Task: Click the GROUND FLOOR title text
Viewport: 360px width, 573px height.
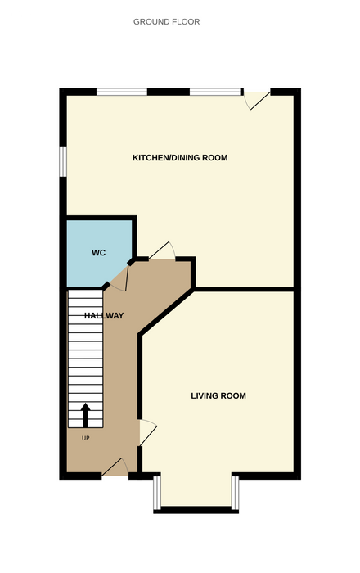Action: tap(166, 22)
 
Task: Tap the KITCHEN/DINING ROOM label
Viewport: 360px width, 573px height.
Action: tap(180, 158)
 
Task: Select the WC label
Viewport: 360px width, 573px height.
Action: tap(98, 252)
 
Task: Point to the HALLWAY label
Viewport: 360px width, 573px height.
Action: tap(104, 316)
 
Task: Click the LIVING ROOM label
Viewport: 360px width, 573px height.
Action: tap(218, 395)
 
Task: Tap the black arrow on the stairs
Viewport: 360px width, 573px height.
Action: tap(86, 415)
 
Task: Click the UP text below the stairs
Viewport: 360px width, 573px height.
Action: tap(85, 438)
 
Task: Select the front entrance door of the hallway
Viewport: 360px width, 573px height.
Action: tap(115, 467)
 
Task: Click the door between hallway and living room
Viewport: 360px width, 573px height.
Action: tap(148, 433)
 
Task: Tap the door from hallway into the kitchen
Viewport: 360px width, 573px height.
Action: tap(162, 250)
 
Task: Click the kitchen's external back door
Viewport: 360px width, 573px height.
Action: tap(257, 99)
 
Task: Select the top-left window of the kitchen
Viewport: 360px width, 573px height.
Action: tap(122, 92)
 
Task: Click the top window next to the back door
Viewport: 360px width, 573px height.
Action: tap(215, 92)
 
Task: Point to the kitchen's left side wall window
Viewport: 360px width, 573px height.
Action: tap(63, 161)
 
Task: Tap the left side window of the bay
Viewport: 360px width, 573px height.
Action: tap(157, 492)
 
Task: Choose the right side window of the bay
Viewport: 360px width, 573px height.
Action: tap(235, 492)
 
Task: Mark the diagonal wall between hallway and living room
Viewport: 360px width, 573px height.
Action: tap(166, 311)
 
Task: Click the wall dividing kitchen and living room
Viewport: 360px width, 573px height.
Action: tap(244, 289)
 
